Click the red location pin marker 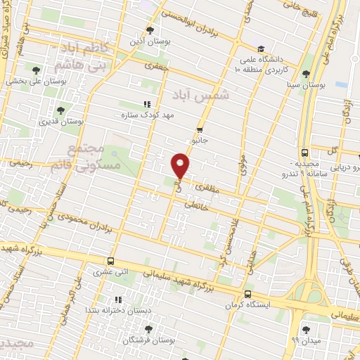(x=181, y=166)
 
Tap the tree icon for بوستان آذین (x=149, y=30)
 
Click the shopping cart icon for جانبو (x=200, y=129)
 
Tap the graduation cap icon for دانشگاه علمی (x=261, y=49)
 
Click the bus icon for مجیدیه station (x=304, y=152)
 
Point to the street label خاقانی (x=192, y=205)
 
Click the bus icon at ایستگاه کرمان (x=247, y=294)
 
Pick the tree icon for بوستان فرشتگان (x=147, y=328)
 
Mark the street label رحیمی (x=20, y=162)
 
